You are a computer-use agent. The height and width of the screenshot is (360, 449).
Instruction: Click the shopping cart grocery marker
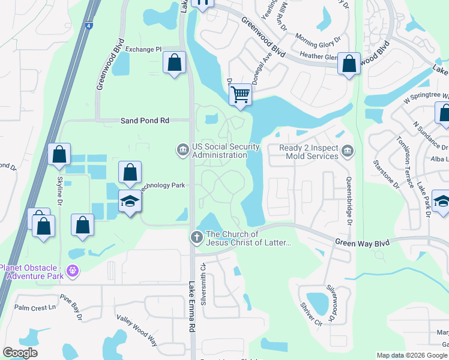click(x=240, y=94)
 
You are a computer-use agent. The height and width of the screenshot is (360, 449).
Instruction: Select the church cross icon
click(x=196, y=238)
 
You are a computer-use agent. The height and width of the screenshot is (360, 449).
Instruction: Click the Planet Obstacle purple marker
click(x=73, y=271)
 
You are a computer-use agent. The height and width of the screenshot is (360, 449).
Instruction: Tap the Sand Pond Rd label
click(x=145, y=121)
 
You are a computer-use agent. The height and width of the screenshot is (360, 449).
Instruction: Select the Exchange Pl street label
click(x=143, y=49)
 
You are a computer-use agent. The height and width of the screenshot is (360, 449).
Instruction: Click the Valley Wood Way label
click(x=137, y=331)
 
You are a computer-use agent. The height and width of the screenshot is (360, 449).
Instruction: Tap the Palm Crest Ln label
click(x=35, y=308)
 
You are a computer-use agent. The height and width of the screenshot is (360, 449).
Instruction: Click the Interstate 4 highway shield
click(x=89, y=26)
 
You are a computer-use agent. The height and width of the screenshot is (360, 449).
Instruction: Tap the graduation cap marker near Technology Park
click(x=130, y=201)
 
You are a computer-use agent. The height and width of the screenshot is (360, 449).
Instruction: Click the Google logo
click(x=20, y=353)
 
